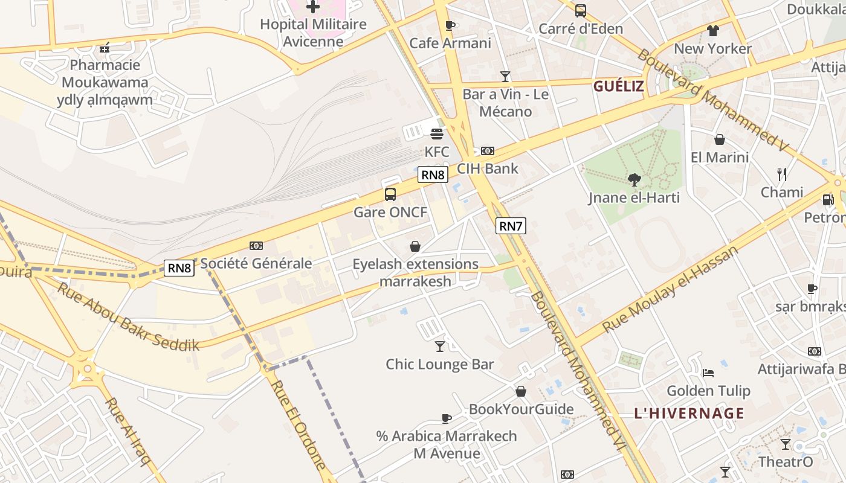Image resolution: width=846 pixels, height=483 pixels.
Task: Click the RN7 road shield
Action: point(511,226)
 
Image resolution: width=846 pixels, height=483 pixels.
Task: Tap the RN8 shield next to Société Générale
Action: point(179,268)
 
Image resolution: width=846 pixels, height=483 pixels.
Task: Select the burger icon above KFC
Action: point(437,133)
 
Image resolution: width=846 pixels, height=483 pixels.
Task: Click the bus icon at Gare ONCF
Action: point(390,194)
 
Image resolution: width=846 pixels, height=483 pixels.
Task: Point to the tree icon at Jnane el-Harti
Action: point(634,179)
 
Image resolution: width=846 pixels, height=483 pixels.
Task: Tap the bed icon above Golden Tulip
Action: point(709,373)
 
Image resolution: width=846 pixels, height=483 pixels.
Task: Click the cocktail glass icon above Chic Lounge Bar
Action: point(440,347)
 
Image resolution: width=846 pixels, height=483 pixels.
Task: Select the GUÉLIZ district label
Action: point(618,86)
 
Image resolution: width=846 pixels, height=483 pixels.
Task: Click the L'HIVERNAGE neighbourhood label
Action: point(689,414)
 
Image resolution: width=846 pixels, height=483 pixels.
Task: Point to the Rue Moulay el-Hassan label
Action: point(670,290)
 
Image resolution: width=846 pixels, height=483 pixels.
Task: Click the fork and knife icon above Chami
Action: point(782,174)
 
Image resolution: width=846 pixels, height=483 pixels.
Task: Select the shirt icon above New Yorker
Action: point(713,31)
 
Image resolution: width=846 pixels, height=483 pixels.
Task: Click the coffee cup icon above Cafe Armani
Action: point(450,25)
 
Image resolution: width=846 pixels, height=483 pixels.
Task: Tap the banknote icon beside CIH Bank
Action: point(488,151)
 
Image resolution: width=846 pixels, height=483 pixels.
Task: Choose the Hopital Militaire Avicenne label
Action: point(313,33)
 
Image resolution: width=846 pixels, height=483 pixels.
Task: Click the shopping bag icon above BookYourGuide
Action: point(521,391)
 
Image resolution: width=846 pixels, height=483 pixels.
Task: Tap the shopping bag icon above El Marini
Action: point(720,139)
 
